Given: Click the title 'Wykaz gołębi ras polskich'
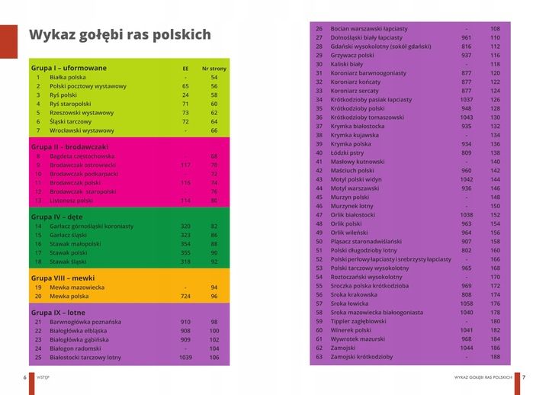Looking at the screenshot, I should [x=120, y=35].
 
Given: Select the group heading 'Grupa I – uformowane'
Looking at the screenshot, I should [x=69, y=68].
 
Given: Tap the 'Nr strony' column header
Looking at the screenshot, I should [x=214, y=69].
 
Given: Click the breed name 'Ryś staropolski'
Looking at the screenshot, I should [x=70, y=104].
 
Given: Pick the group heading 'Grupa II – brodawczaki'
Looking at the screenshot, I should [x=69, y=146].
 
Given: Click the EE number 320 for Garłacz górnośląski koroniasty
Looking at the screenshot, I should [x=185, y=226].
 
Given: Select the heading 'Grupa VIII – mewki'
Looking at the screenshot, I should [x=63, y=278].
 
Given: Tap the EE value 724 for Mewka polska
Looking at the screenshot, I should [x=185, y=296].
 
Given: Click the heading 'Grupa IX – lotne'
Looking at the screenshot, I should [x=58, y=313].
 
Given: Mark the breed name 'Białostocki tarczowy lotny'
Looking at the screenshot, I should [x=85, y=357].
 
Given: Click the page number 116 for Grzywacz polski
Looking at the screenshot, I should [x=495, y=55].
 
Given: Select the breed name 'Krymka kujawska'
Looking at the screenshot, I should [x=358, y=135].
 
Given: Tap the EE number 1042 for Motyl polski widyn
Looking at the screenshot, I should [x=467, y=179].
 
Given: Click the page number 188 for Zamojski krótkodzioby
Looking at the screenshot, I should [x=495, y=357].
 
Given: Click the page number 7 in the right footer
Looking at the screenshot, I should [x=524, y=377].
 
